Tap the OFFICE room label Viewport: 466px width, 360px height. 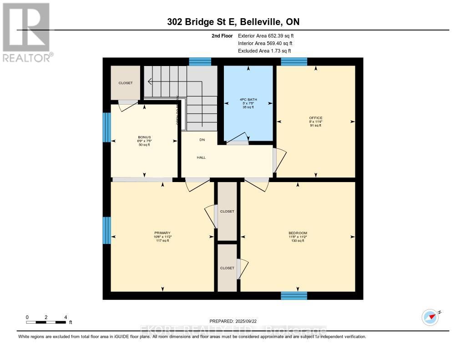(315, 118)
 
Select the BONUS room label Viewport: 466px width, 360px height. (145, 137)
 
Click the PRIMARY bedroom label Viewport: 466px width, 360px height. (162, 233)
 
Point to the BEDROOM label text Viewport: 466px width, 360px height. (298, 233)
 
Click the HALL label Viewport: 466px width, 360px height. (201, 157)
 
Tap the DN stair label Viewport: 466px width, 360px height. (202, 140)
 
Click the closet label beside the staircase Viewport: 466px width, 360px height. (126, 83)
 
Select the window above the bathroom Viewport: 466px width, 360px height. (200, 62)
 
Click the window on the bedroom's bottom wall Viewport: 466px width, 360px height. (294, 295)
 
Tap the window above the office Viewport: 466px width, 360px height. (294, 62)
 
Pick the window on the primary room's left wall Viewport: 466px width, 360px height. (106, 230)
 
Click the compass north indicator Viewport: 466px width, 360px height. (430, 317)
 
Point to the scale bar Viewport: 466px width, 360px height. (46, 322)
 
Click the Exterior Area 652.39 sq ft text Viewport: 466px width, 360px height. (268, 35)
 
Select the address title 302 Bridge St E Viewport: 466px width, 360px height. (196, 22)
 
